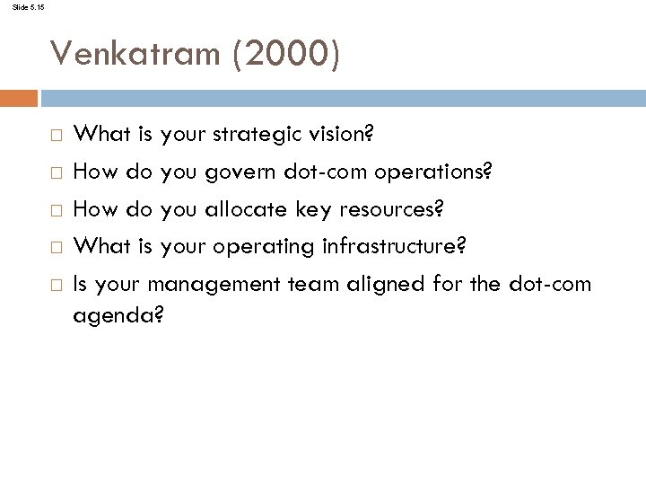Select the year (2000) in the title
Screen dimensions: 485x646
285,56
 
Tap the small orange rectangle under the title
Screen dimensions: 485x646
19,96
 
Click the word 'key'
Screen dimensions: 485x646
312,209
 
